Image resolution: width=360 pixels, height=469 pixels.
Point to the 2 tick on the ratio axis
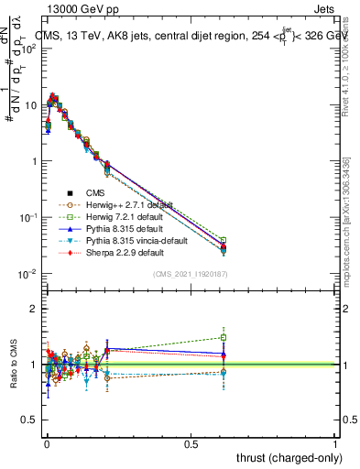tap(33, 309)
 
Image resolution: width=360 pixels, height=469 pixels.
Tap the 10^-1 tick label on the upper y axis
tap(27, 218)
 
